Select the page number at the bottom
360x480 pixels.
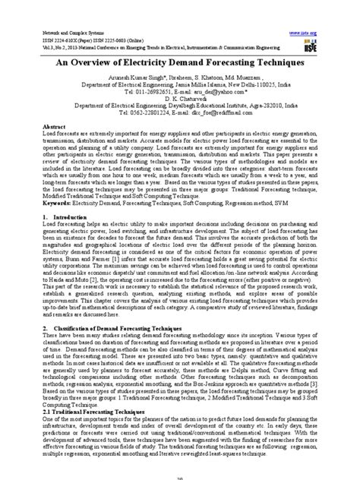180,475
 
